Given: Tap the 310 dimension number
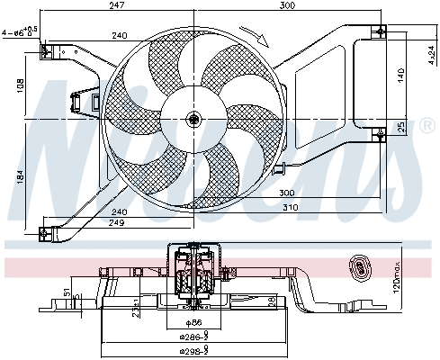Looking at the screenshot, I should click(x=289, y=207).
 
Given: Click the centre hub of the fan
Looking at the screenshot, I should click(x=193, y=119).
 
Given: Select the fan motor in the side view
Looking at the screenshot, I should click(x=194, y=274).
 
